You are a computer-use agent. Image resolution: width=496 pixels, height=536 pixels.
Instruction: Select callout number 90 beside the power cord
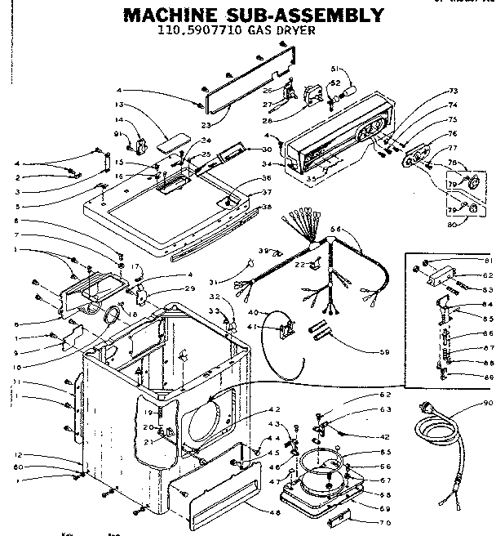point(488,404)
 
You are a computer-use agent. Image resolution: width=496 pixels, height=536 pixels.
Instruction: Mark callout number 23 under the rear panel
point(206,124)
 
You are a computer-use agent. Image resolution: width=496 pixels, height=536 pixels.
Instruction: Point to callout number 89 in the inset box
point(488,376)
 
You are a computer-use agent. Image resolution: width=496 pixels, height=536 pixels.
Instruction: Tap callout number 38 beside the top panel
point(265,207)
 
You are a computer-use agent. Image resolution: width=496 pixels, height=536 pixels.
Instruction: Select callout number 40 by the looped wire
point(253,313)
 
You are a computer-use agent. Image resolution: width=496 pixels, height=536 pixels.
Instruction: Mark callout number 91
point(117,133)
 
